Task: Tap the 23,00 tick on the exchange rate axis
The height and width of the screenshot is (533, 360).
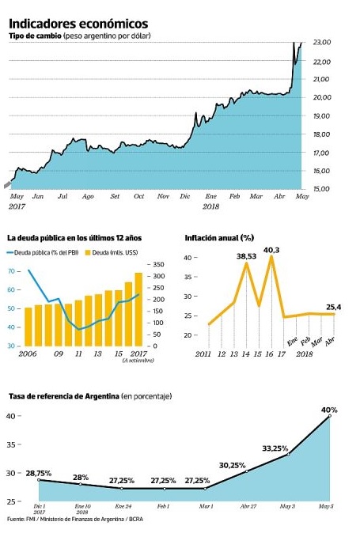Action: (x=321, y=42)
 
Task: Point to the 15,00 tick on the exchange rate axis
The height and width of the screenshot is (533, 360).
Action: (x=321, y=189)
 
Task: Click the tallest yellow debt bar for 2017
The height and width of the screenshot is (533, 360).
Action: (x=138, y=308)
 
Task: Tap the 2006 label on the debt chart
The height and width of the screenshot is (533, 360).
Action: (x=27, y=353)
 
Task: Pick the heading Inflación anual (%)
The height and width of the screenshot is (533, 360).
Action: (x=219, y=237)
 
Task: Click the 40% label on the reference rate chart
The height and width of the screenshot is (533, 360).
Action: (x=329, y=410)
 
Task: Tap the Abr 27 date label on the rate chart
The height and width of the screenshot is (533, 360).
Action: (x=248, y=505)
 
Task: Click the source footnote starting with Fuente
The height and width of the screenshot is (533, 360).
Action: (x=69, y=520)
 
